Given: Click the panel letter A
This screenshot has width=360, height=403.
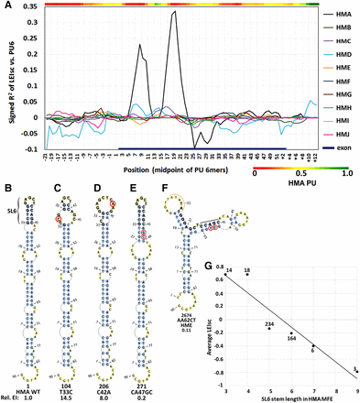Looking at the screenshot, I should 5,5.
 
